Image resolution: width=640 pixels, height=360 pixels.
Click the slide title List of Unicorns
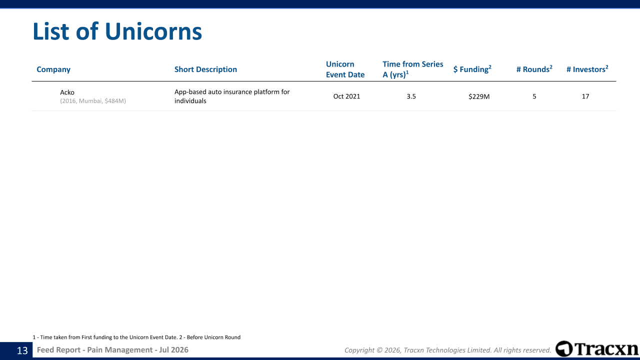[117, 31]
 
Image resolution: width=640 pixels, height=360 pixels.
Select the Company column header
[53, 69]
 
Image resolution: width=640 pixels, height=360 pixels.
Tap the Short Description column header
[205, 69]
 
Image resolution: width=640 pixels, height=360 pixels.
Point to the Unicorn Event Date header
[345, 69]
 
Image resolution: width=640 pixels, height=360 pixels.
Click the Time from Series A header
[413, 69]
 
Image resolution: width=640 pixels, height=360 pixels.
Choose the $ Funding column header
[472, 69]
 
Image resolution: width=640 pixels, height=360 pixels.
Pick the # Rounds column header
[534, 69]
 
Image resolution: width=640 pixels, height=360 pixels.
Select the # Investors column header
[587, 69]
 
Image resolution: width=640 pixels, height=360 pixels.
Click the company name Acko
[67, 92]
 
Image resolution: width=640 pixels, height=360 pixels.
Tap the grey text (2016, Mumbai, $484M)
[93, 101]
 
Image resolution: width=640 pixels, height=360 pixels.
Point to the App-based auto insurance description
[232, 96]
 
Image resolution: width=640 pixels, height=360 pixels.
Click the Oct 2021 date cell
[346, 96]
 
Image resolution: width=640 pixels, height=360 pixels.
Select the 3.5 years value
[411, 96]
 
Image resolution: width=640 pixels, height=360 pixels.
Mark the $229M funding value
[479, 96]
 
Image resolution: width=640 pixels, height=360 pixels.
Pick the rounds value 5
[534, 96]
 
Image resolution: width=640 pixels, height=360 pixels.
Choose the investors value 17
[585, 96]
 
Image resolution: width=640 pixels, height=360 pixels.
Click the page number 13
[22, 350]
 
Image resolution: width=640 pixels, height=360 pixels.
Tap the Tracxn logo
[596, 349]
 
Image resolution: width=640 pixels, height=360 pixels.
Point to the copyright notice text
[447, 350]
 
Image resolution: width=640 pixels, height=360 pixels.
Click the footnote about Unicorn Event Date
[136, 337]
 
